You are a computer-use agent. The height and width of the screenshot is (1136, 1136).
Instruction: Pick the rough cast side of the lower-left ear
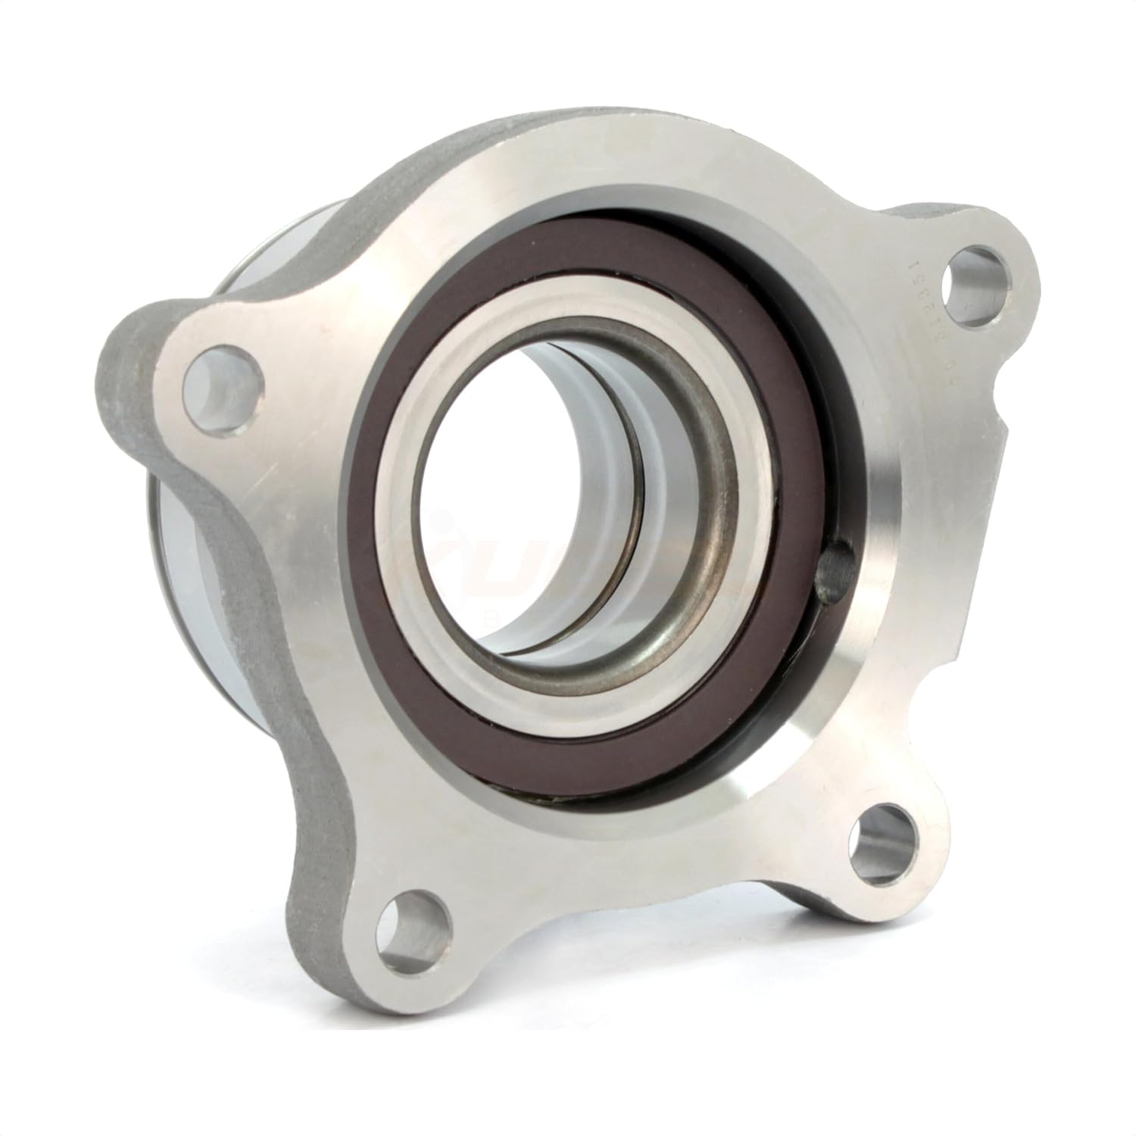click(x=318, y=909)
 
